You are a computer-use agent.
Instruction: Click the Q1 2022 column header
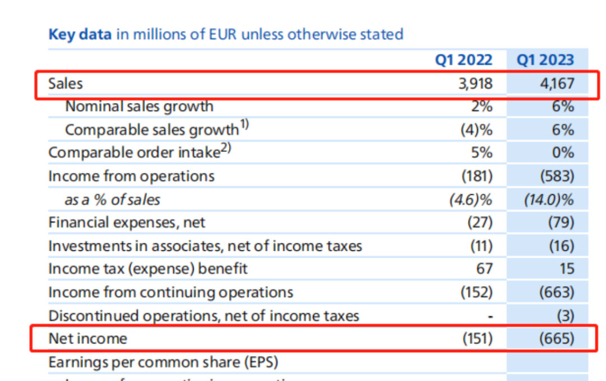pyautogui.click(x=463, y=60)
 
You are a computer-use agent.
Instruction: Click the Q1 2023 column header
pyautogui.click(x=545, y=60)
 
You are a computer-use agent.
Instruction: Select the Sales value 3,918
pyautogui.click(x=475, y=84)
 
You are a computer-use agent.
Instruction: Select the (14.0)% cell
pyautogui.click(x=549, y=199)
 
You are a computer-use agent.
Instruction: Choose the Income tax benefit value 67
pyautogui.click(x=484, y=269)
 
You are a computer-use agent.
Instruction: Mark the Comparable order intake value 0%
pyautogui.click(x=562, y=152)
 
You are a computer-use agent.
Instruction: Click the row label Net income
pyautogui.click(x=88, y=338)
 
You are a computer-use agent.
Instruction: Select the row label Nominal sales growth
pyautogui.click(x=139, y=106)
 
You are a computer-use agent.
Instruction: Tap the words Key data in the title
pyautogui.click(x=80, y=34)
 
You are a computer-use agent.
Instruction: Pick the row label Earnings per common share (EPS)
pyautogui.click(x=163, y=362)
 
